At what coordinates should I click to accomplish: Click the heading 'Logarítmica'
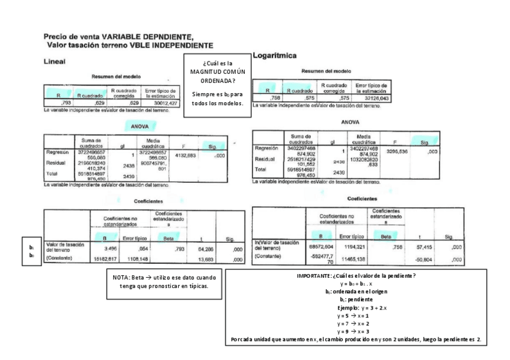pyautogui.click(x=277, y=56)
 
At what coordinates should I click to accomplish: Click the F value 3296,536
pyautogui.click(x=397, y=151)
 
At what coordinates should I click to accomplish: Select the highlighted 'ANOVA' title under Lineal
pyautogui.click(x=138, y=126)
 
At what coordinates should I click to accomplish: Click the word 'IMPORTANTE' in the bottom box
pyautogui.click(x=318, y=275)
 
